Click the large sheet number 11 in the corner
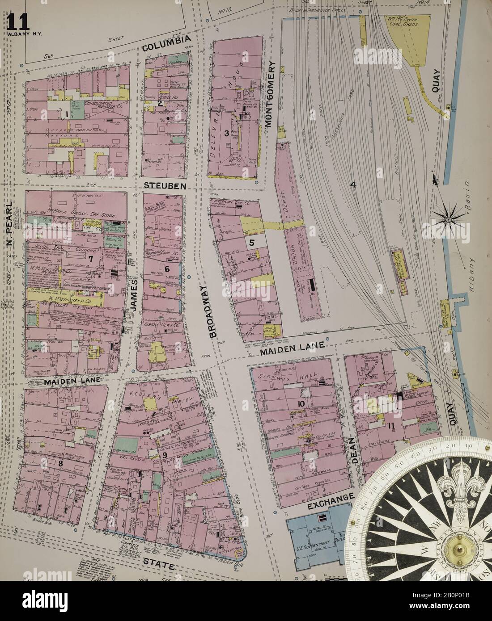(18, 21)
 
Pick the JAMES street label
(133, 293)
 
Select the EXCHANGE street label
(331, 501)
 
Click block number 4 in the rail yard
(353, 185)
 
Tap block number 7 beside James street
(90, 258)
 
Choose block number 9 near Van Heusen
(165, 455)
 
